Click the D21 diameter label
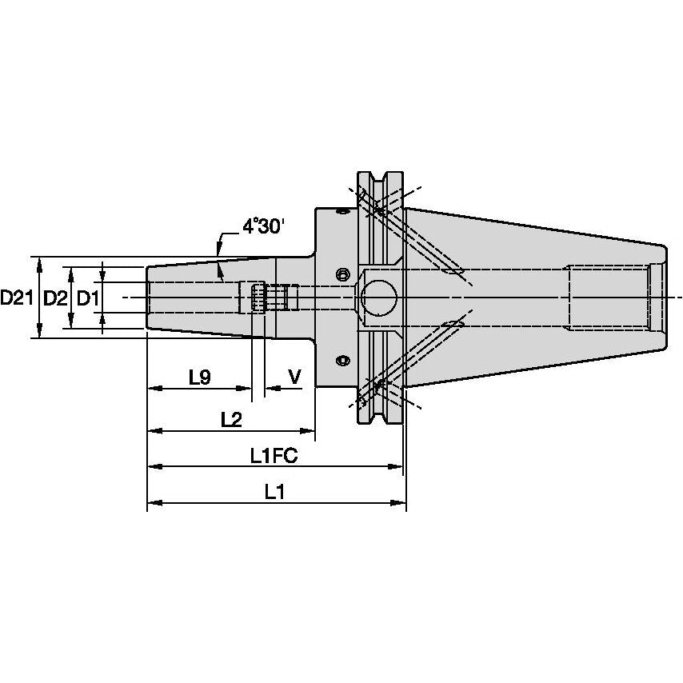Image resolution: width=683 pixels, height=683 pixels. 16,298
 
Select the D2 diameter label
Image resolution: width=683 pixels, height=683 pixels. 54,298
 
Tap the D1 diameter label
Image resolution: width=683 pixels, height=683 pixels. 86,298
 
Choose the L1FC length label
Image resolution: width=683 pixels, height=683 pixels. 273,456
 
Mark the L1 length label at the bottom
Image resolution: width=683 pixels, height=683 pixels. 274,493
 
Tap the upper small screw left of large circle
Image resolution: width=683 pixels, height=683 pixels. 342,274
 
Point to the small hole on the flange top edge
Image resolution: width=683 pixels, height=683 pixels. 342,212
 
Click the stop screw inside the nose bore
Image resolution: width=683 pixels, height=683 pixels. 258,298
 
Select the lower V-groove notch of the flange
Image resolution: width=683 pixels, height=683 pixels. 378,413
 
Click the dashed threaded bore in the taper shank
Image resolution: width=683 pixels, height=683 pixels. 608,298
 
